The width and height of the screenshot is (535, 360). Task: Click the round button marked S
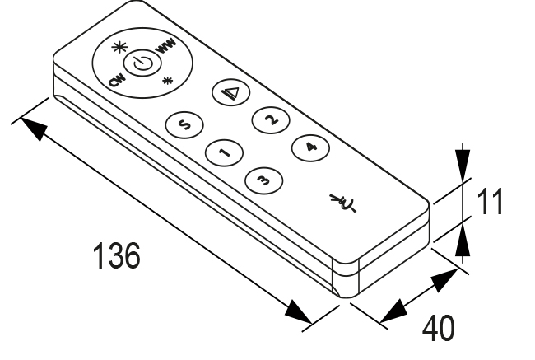[x=184, y=125]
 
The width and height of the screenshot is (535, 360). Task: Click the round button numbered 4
[x=309, y=147]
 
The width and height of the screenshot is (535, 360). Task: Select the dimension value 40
[x=438, y=326]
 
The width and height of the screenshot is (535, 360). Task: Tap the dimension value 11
[x=491, y=201]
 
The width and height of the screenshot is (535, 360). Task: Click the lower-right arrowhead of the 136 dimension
[x=301, y=316]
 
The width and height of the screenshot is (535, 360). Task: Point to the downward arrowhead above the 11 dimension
[x=463, y=161]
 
